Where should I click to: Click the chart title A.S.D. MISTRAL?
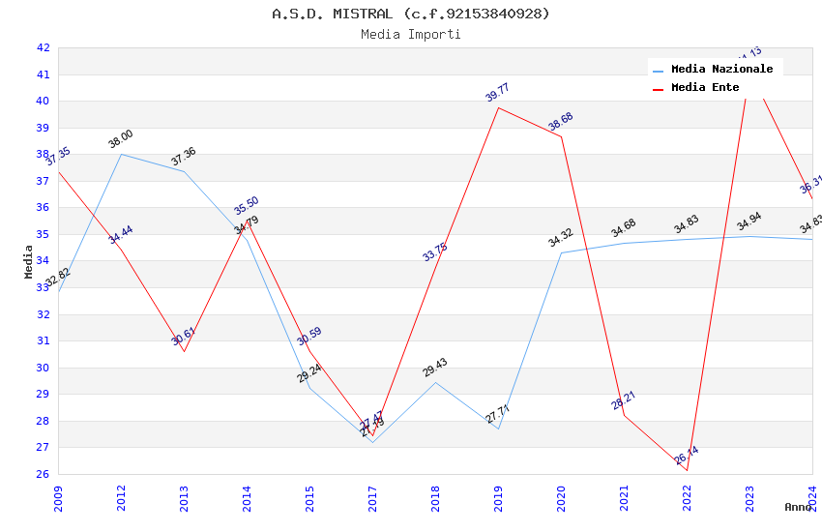(411, 14)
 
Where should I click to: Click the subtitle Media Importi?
(411, 34)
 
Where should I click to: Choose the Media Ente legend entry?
(705, 87)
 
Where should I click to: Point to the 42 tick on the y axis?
(43, 47)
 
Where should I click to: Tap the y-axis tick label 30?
(43, 368)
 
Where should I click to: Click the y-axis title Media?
(29, 261)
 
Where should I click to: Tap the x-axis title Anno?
(798, 507)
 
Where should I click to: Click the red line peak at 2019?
(498, 107)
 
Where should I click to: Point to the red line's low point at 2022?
(687, 470)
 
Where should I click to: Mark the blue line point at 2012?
(121, 154)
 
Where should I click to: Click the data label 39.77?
(497, 93)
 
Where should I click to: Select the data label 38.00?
(120, 139)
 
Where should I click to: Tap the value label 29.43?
(434, 368)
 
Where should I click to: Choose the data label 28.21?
(623, 400)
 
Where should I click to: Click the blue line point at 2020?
(561, 252)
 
